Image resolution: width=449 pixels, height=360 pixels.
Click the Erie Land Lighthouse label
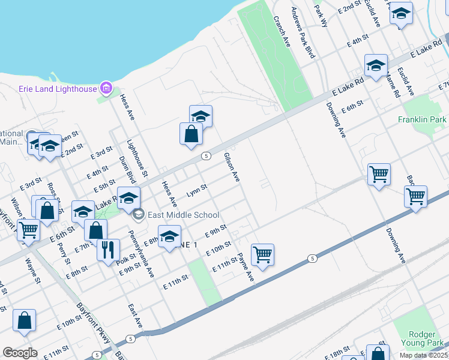(x=58, y=89)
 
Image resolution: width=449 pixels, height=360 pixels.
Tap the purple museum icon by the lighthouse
(x=106, y=89)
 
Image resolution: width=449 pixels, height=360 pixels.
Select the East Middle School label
(x=184, y=215)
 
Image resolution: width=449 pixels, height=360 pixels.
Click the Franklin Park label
(x=422, y=119)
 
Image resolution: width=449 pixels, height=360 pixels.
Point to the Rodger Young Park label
(x=421, y=339)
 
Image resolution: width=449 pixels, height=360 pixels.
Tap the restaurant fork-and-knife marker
(x=108, y=249)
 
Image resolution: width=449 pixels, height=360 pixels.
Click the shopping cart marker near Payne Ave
(x=263, y=254)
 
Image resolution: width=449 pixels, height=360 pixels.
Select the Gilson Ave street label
(x=232, y=167)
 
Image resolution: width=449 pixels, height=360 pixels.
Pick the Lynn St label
(x=196, y=191)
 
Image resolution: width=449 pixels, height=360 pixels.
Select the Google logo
(x=20, y=353)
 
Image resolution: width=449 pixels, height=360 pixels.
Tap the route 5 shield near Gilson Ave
(x=205, y=156)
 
